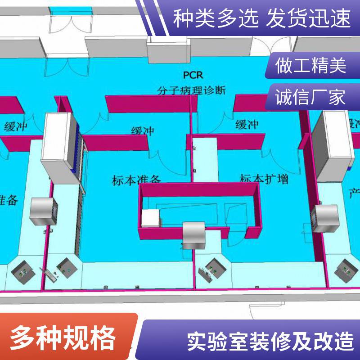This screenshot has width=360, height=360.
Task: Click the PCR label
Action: [192, 75]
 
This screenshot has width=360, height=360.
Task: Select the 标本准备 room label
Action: [136, 180]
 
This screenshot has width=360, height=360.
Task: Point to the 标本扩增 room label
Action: [264, 179]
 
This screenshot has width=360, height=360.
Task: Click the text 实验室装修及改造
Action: [270, 341]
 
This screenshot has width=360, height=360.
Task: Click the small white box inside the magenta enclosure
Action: [151, 219]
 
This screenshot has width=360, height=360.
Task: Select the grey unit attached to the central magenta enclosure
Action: [194, 234]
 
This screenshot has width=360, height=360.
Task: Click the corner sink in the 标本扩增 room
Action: [212, 269]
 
